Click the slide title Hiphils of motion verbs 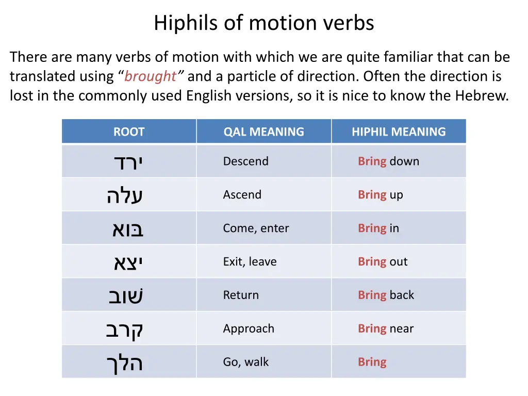coord(263,23)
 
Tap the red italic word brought coord(150,76)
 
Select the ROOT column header coord(129,131)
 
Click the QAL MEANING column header coord(263,131)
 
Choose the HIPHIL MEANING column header coord(399,131)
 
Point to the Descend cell coord(245,161)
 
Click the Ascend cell coord(242,195)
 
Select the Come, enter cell coord(256,228)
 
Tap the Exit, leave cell coord(250,262)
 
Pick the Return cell coord(241,295)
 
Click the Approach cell coord(249,329)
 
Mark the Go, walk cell coord(245,362)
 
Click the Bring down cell coord(388,161)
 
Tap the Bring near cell coord(386,329)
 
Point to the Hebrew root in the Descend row coord(128,162)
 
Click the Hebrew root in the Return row coord(126,296)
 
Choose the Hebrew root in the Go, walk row coord(125,363)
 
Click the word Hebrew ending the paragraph coord(481,96)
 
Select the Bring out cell coord(383,262)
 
